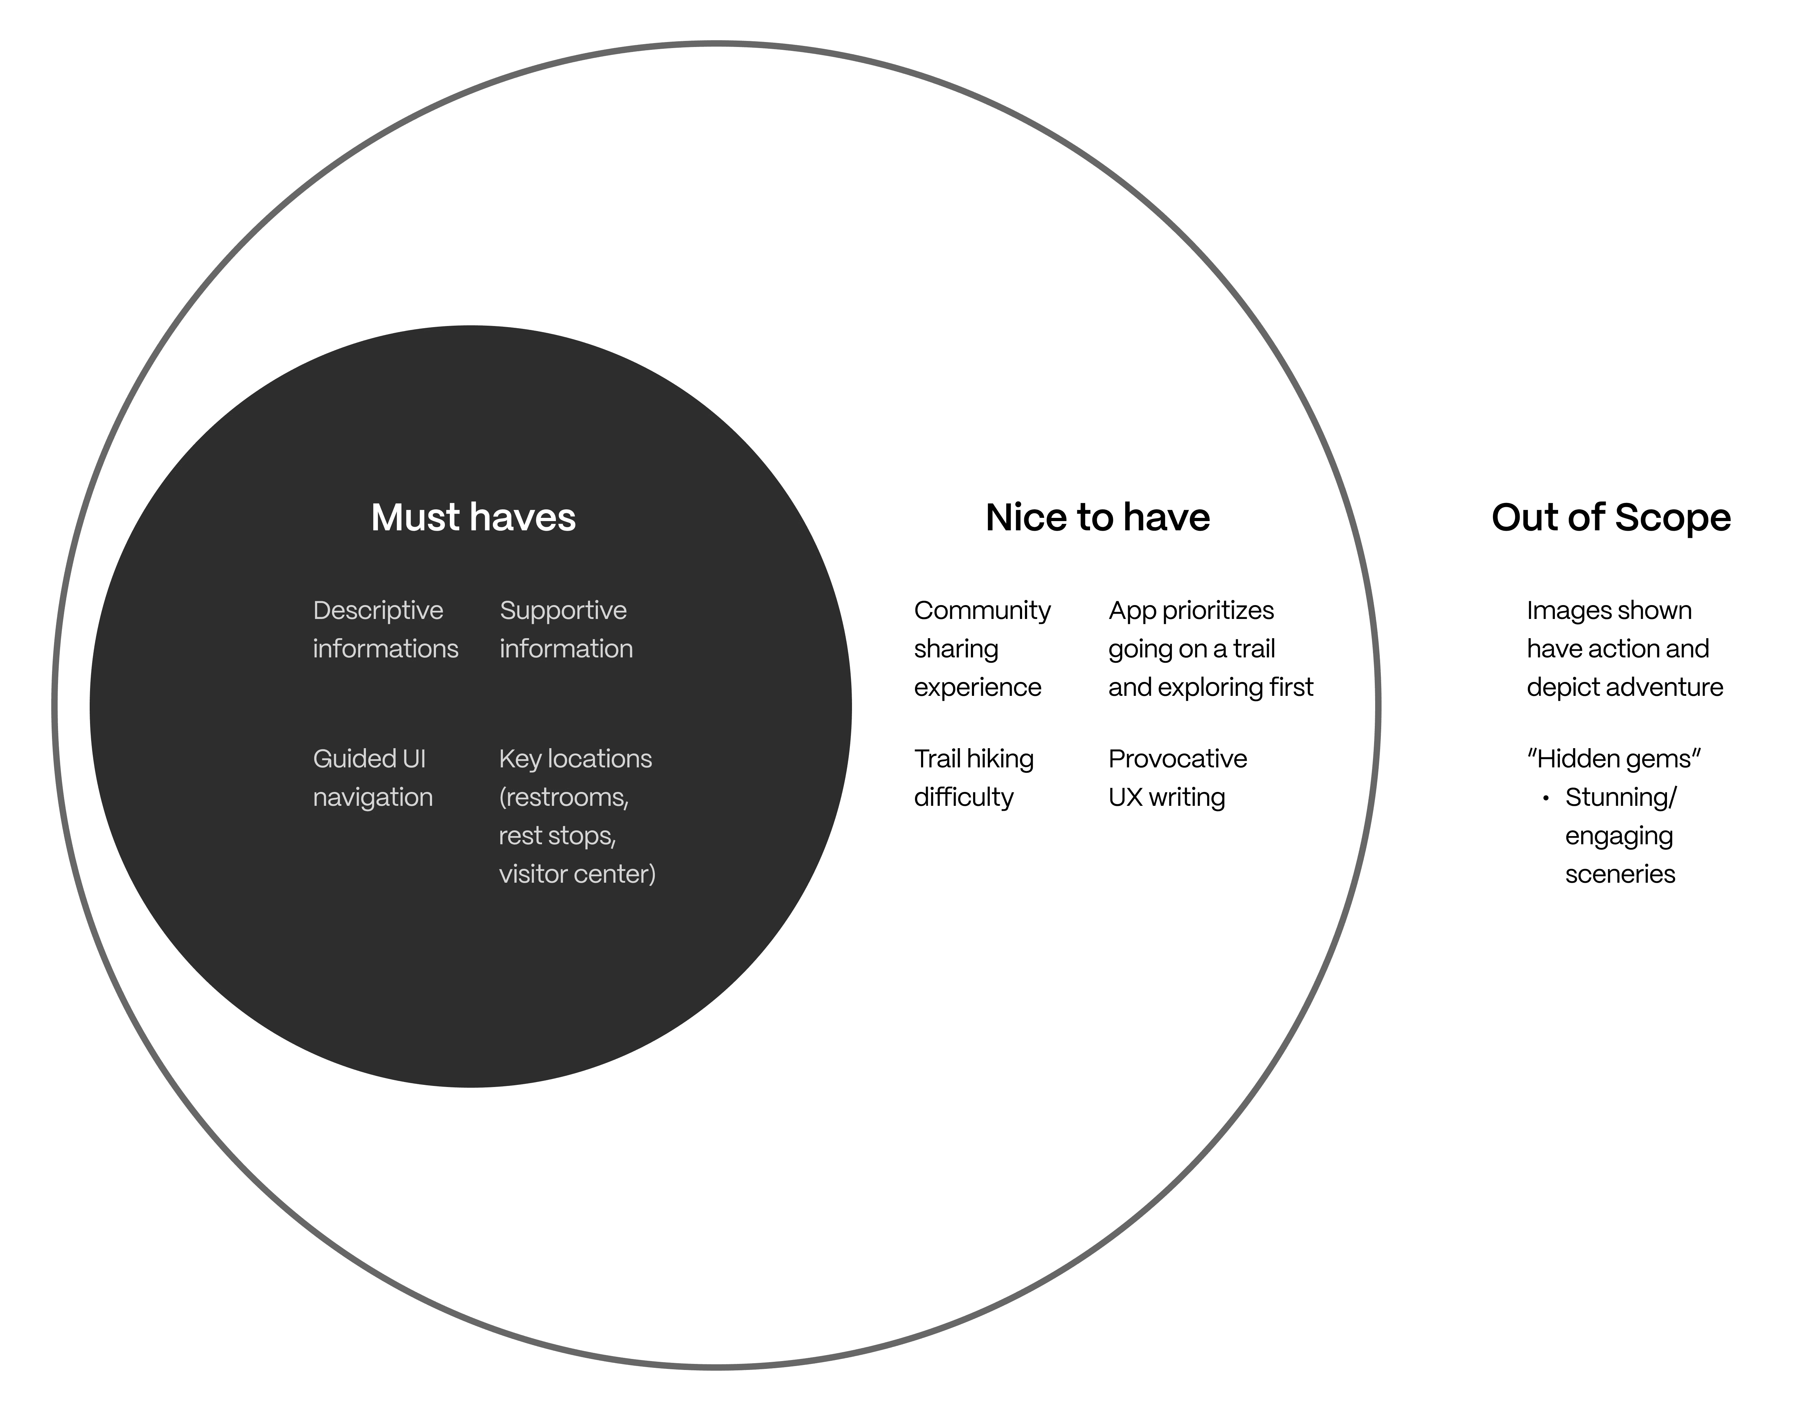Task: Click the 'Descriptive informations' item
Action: (385, 629)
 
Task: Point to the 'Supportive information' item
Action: (566, 629)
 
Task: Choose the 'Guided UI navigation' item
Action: (372, 778)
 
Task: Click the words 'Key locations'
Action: (575, 759)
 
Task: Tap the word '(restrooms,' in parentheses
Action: (563, 797)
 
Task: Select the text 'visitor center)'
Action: (577, 874)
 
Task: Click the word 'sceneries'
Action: (1619, 874)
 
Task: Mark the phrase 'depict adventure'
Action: (1624, 687)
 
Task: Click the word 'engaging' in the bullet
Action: (1619, 836)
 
